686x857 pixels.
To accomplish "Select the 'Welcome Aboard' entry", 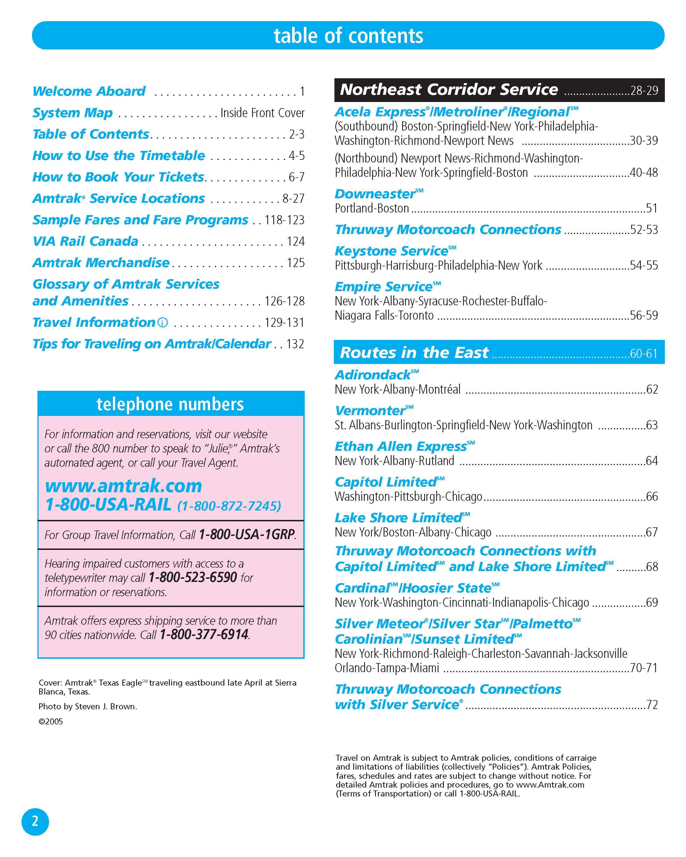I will pos(89,91).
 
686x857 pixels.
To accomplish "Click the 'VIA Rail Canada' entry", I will pos(85,241).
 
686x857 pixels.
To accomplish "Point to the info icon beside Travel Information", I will pos(163,322).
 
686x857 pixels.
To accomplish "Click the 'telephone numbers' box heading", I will pos(170,404).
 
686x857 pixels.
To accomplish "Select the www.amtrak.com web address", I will pos(123,486).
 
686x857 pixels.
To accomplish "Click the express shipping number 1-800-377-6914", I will pos(204,634).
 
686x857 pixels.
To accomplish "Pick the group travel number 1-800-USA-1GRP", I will pos(247,535).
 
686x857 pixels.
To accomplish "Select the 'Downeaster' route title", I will pos(375,194).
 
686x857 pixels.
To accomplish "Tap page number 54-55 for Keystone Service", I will pos(644,265).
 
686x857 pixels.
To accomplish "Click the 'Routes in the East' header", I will pos(414,353).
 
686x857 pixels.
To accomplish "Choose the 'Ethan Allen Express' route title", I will pos(400,446).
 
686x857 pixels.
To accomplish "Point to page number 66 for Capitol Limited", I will pos(651,496).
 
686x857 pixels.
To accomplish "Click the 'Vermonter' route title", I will pos(370,411).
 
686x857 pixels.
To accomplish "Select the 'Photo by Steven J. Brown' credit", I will pos(87,707).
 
